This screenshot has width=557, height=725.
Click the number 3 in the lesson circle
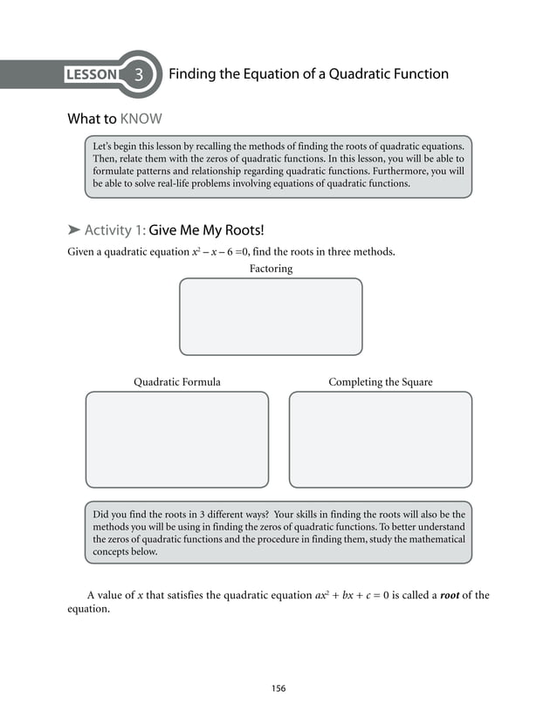139,75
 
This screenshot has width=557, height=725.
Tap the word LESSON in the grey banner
91,75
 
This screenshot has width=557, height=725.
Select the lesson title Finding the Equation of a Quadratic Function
307,74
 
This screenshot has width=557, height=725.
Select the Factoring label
271,269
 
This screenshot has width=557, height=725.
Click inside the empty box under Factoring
271,316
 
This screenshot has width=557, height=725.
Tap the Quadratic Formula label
176,382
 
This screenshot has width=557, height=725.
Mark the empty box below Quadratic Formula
176,439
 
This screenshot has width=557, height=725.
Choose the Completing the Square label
380,382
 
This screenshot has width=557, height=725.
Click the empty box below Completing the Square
380,439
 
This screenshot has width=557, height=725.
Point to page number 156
278,688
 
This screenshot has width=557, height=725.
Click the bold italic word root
449,596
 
